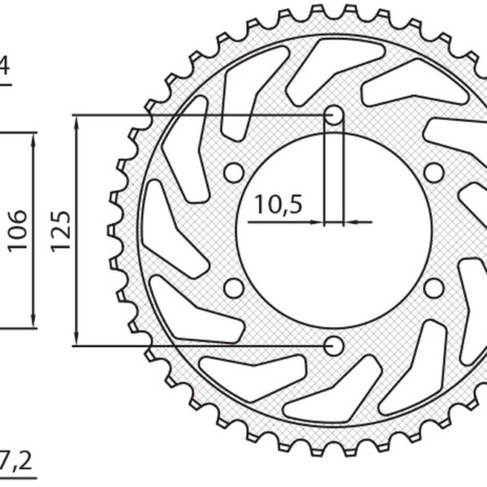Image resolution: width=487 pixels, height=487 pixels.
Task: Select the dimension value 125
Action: (62, 230)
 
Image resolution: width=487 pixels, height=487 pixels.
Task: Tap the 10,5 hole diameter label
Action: (276, 205)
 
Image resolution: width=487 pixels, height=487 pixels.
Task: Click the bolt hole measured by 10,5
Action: (334, 115)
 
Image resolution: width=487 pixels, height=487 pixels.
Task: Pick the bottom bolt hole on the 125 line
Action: (334, 346)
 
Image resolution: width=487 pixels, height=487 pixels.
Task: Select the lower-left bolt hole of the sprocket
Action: (234, 288)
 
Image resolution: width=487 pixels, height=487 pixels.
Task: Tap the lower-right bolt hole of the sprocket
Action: (434, 288)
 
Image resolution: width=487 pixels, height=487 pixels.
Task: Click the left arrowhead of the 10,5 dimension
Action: (318, 221)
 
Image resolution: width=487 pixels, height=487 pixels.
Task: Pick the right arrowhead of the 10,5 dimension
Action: (349, 221)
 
